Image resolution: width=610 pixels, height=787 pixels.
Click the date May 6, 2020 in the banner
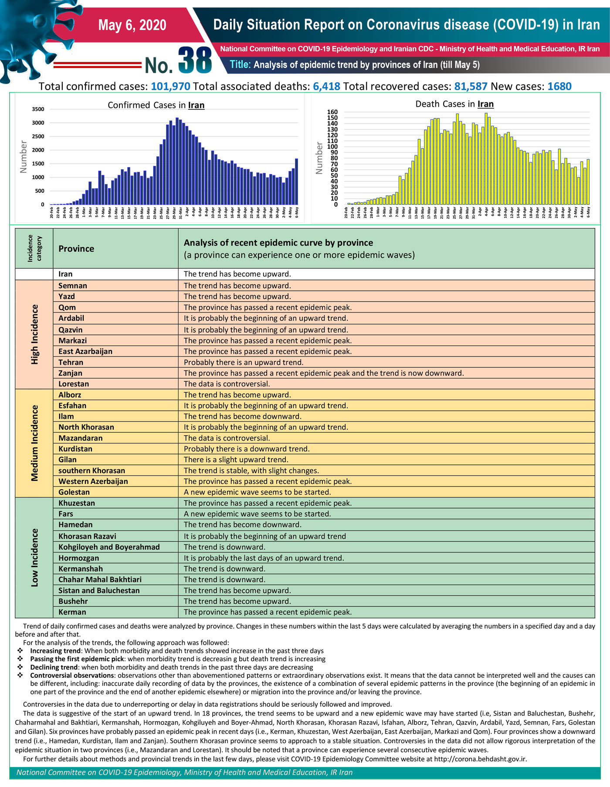[x=132, y=25]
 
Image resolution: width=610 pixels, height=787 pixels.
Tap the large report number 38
[x=195, y=60]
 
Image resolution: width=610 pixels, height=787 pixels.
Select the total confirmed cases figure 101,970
[x=170, y=86]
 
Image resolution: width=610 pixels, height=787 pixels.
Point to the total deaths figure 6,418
[x=326, y=86]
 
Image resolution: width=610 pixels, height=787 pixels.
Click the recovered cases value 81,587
[x=471, y=86]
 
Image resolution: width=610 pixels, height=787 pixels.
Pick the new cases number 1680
[x=559, y=86]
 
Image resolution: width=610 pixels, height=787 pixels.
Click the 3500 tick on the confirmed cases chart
[x=38, y=109]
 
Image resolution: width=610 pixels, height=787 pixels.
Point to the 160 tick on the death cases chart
[x=332, y=112]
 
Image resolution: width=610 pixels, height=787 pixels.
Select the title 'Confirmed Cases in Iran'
[x=156, y=105]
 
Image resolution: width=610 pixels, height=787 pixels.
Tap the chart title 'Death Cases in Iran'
[x=454, y=104]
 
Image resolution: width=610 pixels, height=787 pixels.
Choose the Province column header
[x=76, y=249]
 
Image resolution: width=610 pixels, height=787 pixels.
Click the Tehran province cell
[x=71, y=362]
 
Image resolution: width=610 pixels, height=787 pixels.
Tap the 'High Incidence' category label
[x=34, y=334]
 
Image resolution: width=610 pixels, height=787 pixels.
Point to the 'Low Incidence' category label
[x=34, y=558]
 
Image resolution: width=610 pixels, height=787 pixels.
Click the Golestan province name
[x=74, y=492]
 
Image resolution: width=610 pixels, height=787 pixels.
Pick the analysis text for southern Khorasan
[x=251, y=471]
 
